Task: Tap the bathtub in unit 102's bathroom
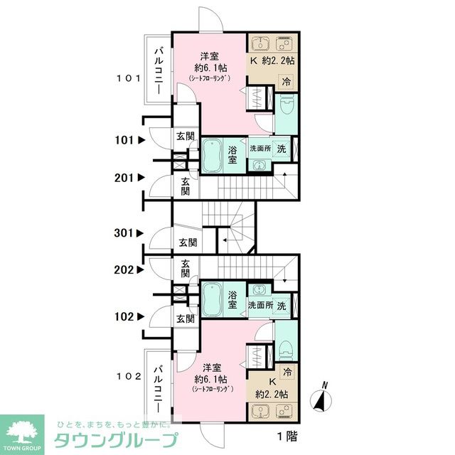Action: (214, 299)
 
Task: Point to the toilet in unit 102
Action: (286, 349)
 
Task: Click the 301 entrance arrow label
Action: (130, 232)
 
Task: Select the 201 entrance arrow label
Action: (130, 177)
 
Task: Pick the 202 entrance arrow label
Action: (130, 269)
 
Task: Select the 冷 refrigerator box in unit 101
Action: (287, 81)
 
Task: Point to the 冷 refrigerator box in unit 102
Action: (287, 372)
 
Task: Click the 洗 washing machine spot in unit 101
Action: (282, 149)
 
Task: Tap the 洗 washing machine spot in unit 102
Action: (282, 305)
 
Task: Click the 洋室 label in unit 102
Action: (212, 368)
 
